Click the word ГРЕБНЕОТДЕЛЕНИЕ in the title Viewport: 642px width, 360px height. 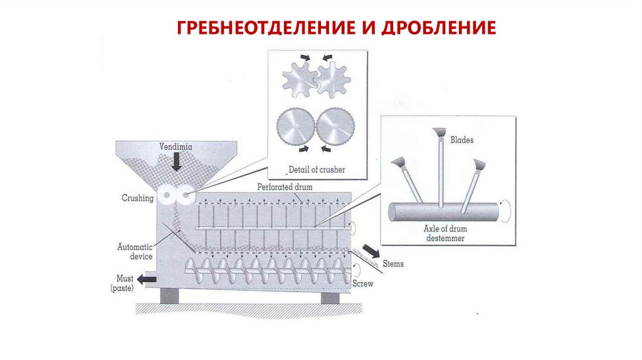click(254, 28)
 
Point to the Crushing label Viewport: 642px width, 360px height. click(138, 198)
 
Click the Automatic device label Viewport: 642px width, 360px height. click(135, 251)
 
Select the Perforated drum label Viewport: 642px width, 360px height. click(284, 187)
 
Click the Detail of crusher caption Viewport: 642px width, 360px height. click(317, 170)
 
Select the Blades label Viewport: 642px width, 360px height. click(462, 140)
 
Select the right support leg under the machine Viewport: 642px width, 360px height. click(330, 295)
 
